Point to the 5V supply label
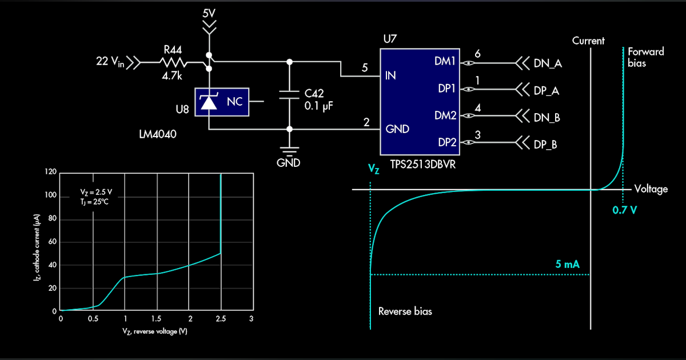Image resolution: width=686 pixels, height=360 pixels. coord(210,12)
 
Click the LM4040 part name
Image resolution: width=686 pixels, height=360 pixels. coord(157,134)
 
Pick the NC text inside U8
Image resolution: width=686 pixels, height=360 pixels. coord(234,102)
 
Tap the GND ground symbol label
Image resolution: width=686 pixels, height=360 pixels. coord(288,163)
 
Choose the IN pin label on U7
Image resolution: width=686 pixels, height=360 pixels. coord(391,75)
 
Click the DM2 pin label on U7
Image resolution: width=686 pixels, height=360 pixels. coord(445,115)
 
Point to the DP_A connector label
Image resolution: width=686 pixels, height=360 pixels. coord(546,90)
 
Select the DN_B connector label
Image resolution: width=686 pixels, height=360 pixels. coord(547,118)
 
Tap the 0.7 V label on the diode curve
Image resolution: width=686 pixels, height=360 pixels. coord(624,210)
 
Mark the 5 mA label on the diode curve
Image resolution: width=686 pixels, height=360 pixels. coord(567,265)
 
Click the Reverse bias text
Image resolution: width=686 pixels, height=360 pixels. coord(405,311)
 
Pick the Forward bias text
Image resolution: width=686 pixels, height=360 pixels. coord(645,57)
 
